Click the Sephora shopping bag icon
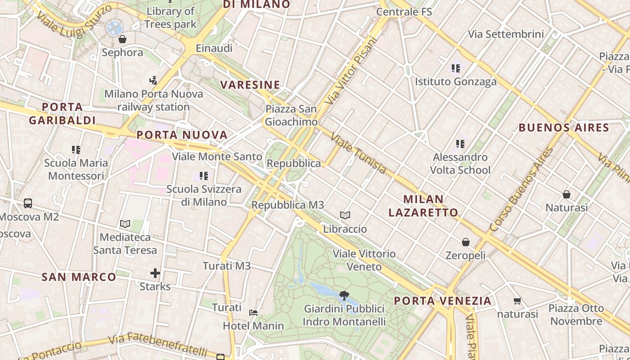coord(122,39)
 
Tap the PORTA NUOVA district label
coord(182,135)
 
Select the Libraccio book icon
coord(345,216)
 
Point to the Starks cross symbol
coord(155,273)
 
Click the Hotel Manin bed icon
coord(253,312)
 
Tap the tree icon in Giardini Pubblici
coord(344,296)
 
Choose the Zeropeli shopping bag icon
coord(465,242)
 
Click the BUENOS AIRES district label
coord(564,127)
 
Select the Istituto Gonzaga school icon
coord(456,68)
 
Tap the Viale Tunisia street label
coord(358,153)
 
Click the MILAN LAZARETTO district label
coord(423,206)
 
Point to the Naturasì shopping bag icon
coord(567,194)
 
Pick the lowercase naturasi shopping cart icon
coord(517,301)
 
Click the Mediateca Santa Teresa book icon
coord(125,224)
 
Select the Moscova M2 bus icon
coord(28,203)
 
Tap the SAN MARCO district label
coord(79,277)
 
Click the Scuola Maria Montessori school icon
coord(76,149)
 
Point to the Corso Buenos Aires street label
coord(521,190)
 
